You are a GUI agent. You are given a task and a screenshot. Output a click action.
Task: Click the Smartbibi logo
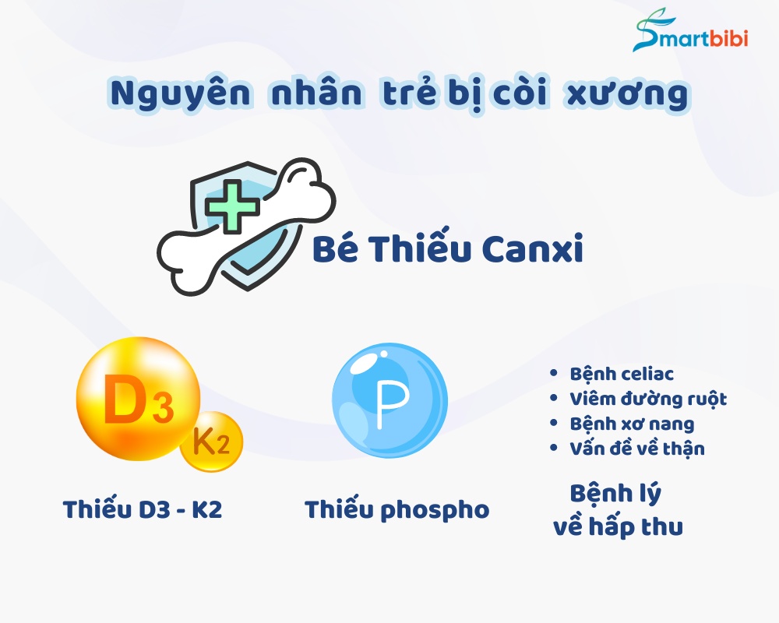click(x=690, y=31)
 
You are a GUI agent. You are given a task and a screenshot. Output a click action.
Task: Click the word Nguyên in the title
click(x=181, y=93)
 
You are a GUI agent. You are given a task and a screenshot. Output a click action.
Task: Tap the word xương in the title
click(x=628, y=94)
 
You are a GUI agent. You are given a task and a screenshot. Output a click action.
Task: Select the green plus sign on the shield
click(x=232, y=206)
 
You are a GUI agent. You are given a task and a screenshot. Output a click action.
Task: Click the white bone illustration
click(x=247, y=226)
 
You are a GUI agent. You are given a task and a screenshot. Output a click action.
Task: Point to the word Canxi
click(x=532, y=248)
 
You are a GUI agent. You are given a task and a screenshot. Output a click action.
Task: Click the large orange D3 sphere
click(x=138, y=399)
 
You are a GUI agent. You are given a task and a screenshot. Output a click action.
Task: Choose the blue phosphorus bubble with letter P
click(x=390, y=401)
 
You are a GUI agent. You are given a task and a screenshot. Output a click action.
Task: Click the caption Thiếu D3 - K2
click(x=143, y=509)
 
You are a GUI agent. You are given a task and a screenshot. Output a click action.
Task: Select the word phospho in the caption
click(x=435, y=511)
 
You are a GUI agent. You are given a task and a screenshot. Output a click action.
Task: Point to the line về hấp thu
click(x=619, y=526)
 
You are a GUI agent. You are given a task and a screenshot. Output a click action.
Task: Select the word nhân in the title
click(x=316, y=93)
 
